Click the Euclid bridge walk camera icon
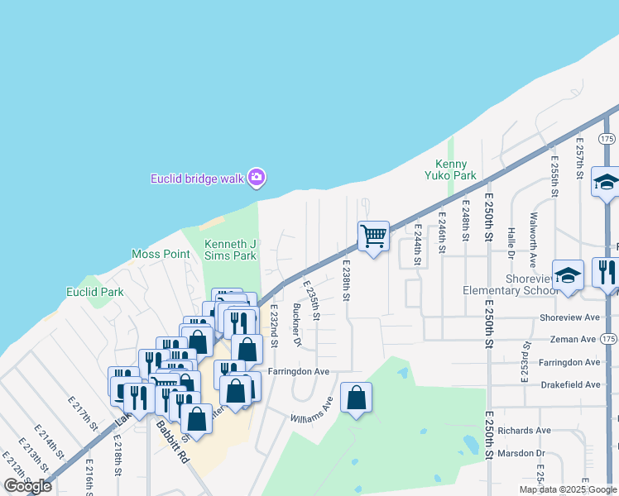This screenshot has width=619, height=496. (257, 177)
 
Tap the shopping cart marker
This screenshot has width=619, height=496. (373, 236)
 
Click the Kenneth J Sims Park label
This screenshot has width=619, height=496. (231, 250)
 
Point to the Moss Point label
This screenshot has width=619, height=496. (161, 254)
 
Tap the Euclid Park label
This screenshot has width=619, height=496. (95, 292)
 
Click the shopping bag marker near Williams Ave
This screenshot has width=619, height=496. (356, 398)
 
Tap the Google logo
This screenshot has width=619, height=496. (28, 486)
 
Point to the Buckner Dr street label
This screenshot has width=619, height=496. (295, 324)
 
